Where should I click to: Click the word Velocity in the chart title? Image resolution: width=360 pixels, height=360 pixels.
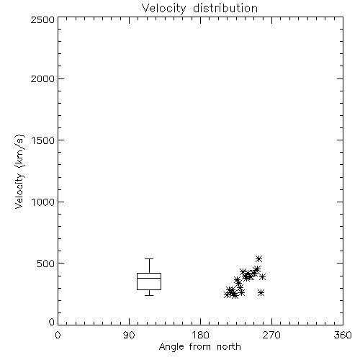tap(164, 9)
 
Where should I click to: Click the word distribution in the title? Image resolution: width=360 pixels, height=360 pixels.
tap(225, 8)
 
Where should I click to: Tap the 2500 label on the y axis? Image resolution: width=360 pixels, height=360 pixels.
tap(42, 19)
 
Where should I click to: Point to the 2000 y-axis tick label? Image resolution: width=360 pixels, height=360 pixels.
tap(42, 78)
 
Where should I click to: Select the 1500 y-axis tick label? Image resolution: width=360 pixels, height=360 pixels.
tap(43, 140)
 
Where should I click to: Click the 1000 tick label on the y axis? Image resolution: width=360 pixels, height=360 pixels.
tap(43, 202)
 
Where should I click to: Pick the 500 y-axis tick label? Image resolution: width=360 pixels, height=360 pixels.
tap(46, 264)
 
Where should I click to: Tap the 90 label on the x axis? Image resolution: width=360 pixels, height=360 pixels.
tap(129, 335)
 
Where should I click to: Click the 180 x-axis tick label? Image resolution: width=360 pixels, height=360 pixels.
tap(200, 335)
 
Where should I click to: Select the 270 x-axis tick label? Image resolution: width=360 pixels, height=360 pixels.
tap(271, 335)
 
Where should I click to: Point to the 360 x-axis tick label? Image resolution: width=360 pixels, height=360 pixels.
tap(343, 335)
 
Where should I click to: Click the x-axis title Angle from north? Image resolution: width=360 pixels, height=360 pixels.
tap(200, 347)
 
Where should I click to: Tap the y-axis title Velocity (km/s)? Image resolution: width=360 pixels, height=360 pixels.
tap(19, 171)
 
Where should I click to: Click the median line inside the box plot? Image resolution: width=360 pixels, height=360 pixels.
tap(149, 278)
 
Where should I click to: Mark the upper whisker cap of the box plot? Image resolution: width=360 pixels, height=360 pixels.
tap(149, 258)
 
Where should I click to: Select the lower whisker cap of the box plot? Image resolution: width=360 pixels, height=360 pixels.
tap(149, 295)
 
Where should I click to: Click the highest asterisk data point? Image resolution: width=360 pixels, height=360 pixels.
tap(258, 258)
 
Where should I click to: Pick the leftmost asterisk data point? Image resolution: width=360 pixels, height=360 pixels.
tap(227, 294)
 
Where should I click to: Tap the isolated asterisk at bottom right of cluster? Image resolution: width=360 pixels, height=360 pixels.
tap(261, 293)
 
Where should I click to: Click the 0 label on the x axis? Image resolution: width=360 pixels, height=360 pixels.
tap(58, 335)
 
